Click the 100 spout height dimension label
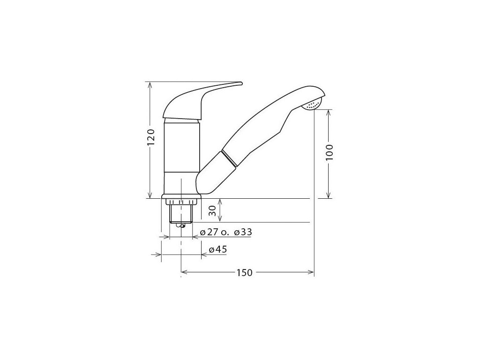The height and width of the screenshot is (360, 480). (x=329, y=152)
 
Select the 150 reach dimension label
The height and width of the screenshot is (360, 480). (x=244, y=272)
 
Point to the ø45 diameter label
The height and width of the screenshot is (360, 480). (x=217, y=249)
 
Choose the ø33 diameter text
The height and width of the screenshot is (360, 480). (x=243, y=232)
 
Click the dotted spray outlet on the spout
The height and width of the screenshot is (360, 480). (x=311, y=105)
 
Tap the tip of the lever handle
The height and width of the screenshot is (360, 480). (x=241, y=83)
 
